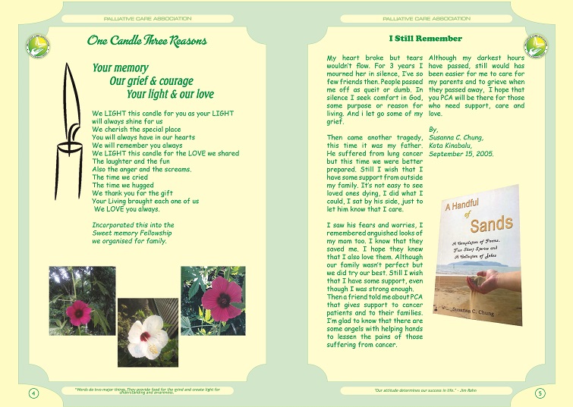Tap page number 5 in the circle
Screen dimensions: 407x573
540,393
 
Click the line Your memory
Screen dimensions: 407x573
120,68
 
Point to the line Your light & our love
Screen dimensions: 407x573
170,95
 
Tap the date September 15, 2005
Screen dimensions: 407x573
461,154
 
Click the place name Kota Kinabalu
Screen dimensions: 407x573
452,146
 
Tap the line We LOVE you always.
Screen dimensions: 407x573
127,209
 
